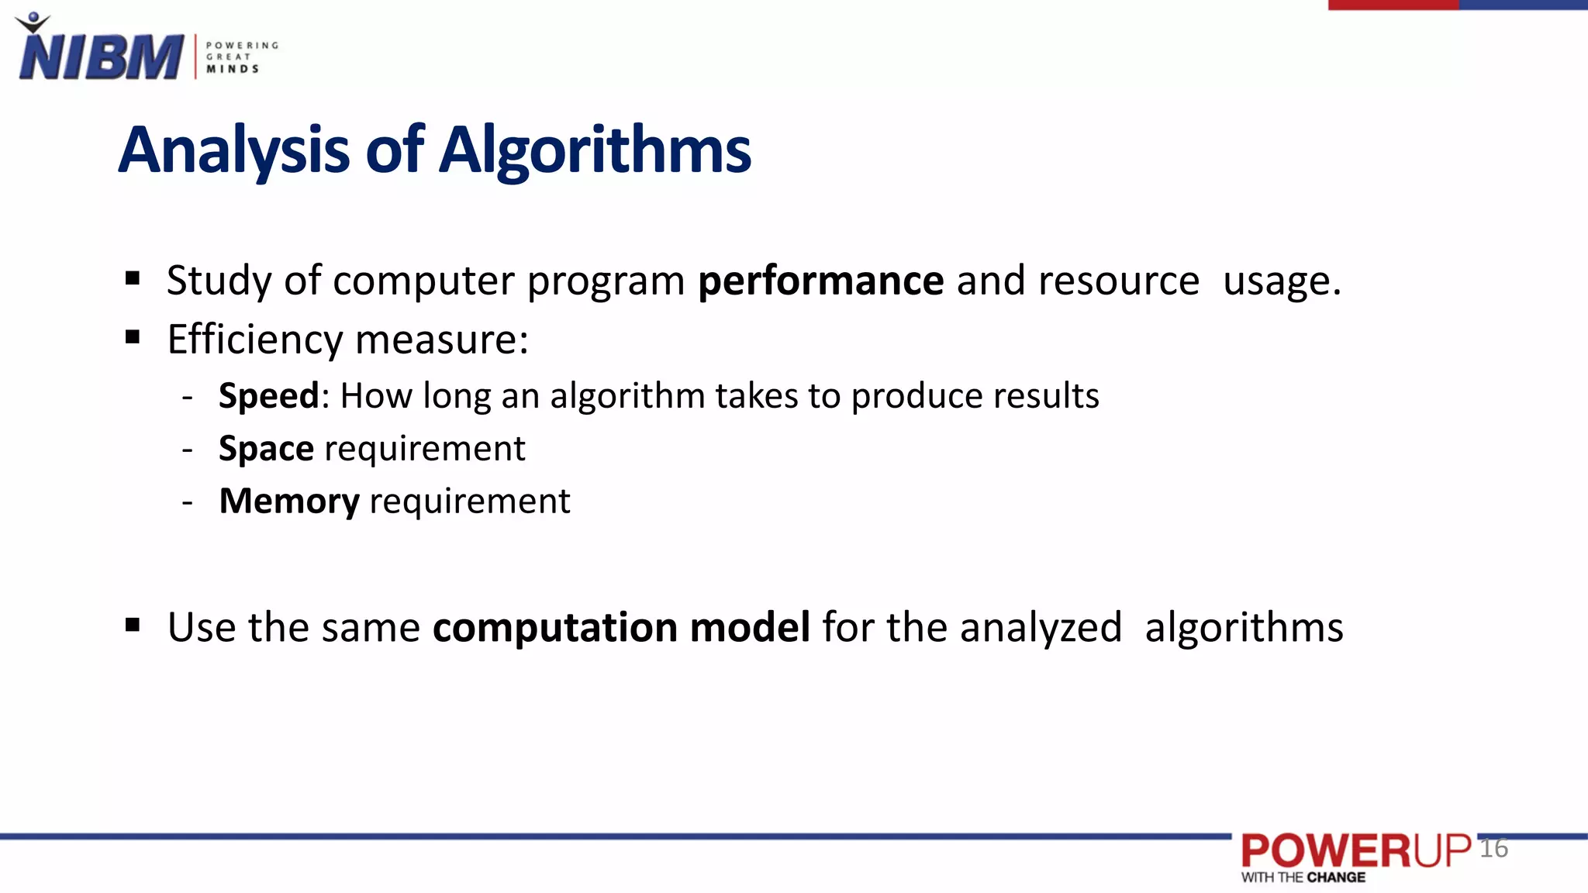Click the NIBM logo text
coord(101,57)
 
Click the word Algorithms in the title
coord(595,150)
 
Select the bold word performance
coord(820,281)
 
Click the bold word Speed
coord(268,396)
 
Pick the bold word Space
coord(266,449)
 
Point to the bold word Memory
coord(289,502)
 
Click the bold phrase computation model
coord(621,627)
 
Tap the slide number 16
coord(1493,848)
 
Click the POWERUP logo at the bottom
coord(1355,851)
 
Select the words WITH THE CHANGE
coord(1303,877)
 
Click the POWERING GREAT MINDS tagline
coord(241,57)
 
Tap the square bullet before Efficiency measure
coord(133,337)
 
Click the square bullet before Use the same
coord(133,625)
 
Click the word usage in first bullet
coord(1281,281)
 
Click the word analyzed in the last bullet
coord(1041,627)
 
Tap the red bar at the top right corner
coord(1393,5)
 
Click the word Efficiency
coord(255,340)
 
